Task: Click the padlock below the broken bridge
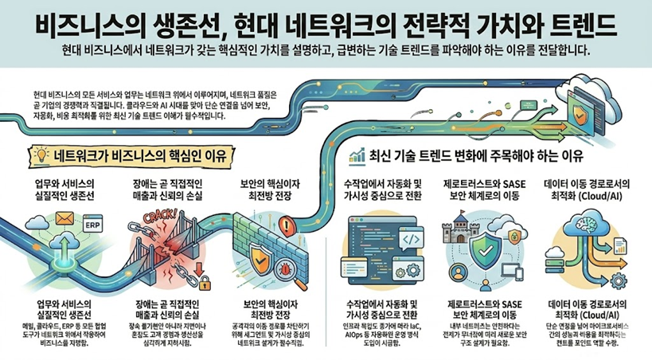201,281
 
